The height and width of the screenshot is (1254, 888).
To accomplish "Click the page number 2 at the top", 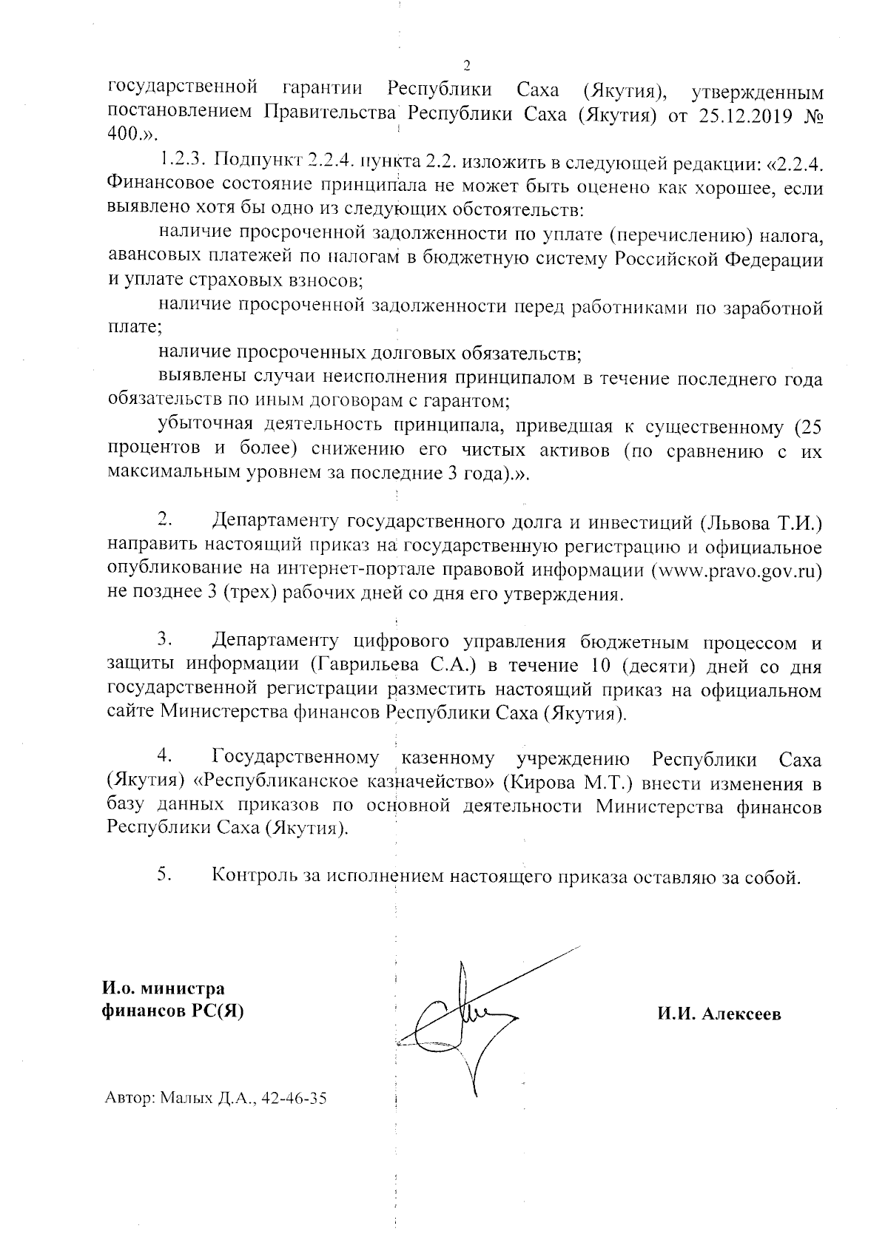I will pyautogui.click(x=466, y=64).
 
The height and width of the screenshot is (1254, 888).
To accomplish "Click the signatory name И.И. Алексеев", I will pyautogui.click(x=719, y=1014).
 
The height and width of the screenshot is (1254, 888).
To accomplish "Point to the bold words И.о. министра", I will pyautogui.click(x=164, y=989).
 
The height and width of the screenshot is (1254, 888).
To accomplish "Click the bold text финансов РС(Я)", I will pyautogui.click(x=172, y=1011).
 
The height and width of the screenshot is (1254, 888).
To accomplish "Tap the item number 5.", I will pyautogui.click(x=164, y=874).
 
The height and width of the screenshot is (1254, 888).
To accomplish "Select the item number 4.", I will pyautogui.click(x=164, y=758).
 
